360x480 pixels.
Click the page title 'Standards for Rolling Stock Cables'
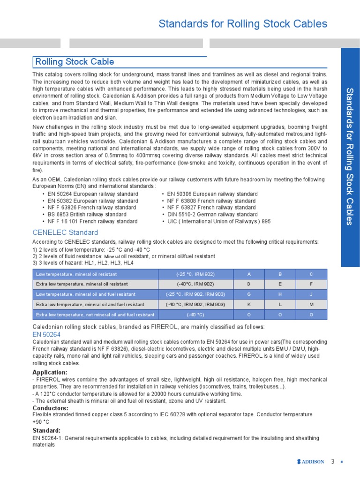point(243,24)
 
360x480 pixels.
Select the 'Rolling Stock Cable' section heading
point(75,62)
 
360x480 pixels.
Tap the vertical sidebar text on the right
point(349,156)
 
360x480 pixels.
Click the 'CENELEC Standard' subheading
point(65,232)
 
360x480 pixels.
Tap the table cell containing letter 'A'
point(249,274)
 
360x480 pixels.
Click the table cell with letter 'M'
point(311,305)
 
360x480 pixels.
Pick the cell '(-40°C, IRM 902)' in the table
point(195,284)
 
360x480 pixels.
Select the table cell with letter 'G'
point(249,294)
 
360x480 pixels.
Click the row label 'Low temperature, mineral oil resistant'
point(76,274)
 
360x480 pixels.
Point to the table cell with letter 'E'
point(280,284)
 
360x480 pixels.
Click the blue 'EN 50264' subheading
point(46,334)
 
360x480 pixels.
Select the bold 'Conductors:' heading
point(50,408)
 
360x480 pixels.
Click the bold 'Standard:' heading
point(46,430)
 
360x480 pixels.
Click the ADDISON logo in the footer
point(310,462)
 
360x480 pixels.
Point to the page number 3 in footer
point(333,462)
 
